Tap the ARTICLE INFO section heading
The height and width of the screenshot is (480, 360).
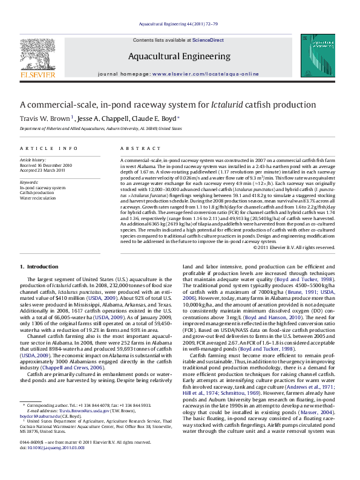[x=48, y=148]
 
